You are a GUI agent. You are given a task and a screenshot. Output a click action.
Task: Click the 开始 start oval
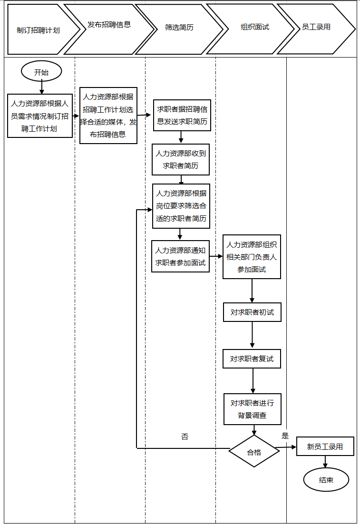(41, 72)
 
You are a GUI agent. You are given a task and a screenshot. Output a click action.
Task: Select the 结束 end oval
(326, 480)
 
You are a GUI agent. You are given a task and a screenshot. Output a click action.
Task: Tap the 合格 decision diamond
(254, 452)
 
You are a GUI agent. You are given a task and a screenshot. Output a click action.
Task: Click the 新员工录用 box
(325, 446)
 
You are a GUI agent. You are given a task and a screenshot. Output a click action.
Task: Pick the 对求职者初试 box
(252, 312)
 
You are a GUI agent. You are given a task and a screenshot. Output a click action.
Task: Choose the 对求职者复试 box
(252, 359)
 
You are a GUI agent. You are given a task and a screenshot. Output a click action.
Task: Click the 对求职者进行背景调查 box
(253, 409)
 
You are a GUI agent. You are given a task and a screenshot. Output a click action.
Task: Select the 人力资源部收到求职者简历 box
(181, 160)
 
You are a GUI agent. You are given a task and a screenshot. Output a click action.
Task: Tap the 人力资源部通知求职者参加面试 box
(181, 256)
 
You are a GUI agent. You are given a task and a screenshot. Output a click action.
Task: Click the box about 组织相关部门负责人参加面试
(252, 257)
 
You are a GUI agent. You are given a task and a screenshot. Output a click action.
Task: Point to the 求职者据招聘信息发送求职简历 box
(182, 116)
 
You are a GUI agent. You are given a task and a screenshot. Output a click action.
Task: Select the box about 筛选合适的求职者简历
(181, 206)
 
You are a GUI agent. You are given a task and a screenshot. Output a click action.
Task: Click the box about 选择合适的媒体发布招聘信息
(108, 116)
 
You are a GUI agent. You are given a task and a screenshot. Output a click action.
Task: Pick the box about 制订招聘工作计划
(40, 116)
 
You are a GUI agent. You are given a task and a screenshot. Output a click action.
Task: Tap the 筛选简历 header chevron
(179, 28)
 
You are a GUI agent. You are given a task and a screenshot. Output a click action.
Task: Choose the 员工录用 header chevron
(316, 27)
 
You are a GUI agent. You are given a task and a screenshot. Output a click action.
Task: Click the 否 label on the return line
(185, 437)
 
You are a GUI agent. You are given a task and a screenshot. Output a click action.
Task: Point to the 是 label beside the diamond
(285, 436)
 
